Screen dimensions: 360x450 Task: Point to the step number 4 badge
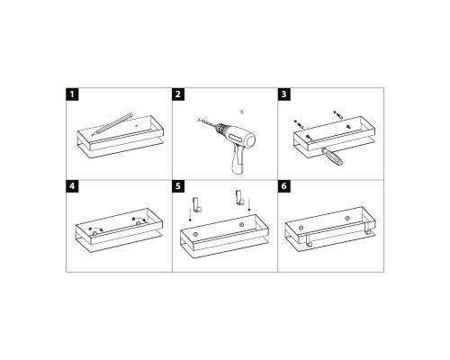coord(73,187)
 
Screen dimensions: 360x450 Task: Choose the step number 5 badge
coord(178,187)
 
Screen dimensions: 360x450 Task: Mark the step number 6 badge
coord(284,187)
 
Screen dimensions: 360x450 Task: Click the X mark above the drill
coord(239,110)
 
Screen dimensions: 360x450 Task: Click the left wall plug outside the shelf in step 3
coord(299,121)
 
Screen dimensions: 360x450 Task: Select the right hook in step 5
coord(238,198)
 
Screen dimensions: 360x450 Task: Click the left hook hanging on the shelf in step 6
coord(308,241)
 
